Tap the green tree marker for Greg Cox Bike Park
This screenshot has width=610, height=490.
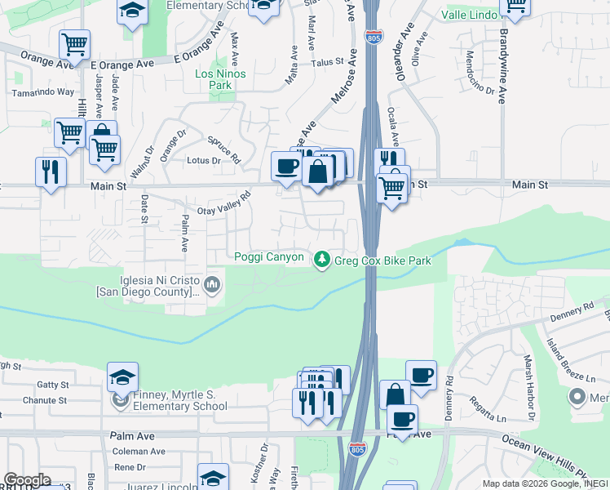click(323, 258)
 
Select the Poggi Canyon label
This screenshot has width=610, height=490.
click(269, 258)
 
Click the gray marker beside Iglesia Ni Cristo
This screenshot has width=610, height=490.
click(213, 285)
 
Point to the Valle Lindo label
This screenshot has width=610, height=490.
click(470, 16)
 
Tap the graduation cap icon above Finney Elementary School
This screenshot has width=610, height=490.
click(122, 376)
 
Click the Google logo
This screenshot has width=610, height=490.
click(26, 480)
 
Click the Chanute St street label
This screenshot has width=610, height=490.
click(44, 401)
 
